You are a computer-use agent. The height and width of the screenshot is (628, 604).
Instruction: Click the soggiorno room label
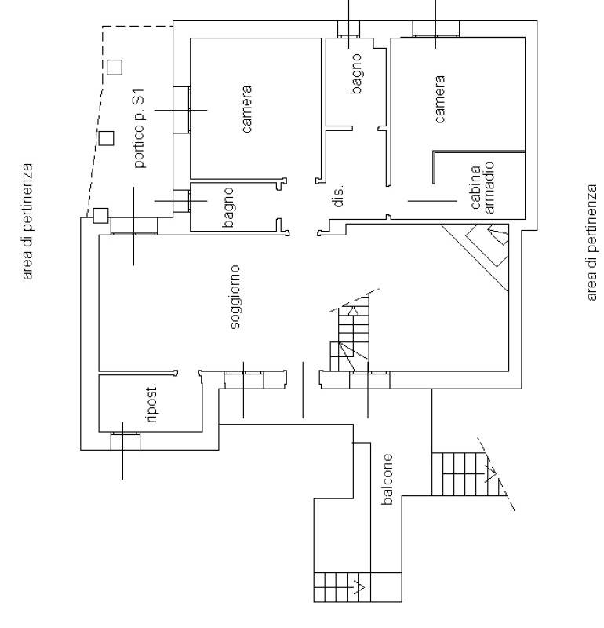pyautogui.click(x=235, y=298)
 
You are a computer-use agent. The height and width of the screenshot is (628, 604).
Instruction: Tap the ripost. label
pyautogui.click(x=152, y=403)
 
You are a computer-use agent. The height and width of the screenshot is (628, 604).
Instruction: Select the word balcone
pyautogui.click(x=387, y=479)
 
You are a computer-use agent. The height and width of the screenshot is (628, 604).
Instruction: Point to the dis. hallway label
pyautogui.click(x=339, y=195)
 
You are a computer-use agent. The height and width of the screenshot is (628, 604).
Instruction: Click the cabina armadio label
pyautogui.click(x=482, y=188)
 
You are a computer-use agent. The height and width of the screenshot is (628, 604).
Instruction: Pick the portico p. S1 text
pyautogui.click(x=139, y=128)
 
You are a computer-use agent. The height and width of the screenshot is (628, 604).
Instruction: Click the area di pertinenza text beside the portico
pyautogui.click(x=27, y=221)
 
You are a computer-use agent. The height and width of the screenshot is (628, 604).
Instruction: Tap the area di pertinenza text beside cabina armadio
pyautogui.click(x=591, y=243)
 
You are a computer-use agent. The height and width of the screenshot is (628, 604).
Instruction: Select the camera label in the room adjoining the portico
pyautogui.click(x=246, y=109)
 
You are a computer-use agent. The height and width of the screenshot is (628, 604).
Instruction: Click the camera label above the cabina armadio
pyautogui.click(x=439, y=99)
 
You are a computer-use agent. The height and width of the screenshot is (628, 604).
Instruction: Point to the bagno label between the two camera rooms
pyautogui.click(x=356, y=74)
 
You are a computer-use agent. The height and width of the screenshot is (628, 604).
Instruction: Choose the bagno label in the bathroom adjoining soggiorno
pyautogui.click(x=227, y=207)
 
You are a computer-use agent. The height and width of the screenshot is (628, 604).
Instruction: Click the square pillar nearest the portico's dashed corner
pyautogui.click(x=115, y=68)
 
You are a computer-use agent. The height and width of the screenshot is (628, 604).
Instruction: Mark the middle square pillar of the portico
pyautogui.click(x=106, y=138)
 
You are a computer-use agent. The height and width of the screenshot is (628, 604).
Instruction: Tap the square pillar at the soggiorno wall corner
pyautogui.click(x=100, y=215)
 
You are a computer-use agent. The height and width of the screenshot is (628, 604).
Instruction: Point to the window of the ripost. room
pyautogui.click(x=126, y=440)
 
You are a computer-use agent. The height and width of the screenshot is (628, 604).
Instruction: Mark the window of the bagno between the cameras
pyautogui.click(x=348, y=29)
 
